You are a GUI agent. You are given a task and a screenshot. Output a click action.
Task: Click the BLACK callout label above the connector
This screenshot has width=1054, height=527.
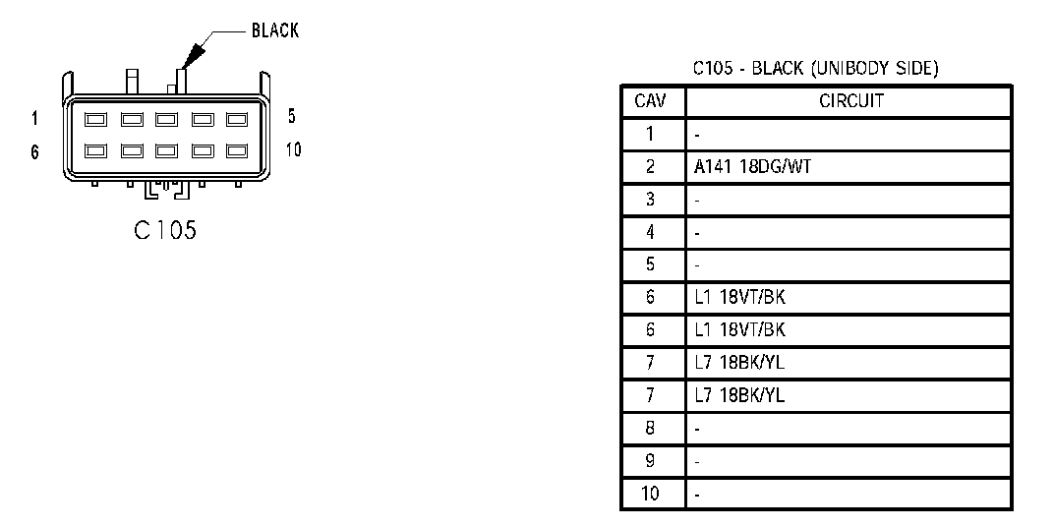pos(275,30)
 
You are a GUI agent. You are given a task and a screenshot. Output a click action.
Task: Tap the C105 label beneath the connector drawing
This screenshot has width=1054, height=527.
pos(165,230)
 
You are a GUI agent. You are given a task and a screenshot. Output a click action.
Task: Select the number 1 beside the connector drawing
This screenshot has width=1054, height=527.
pos(34,119)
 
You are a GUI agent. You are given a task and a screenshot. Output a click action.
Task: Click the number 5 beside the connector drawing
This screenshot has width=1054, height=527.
pos(291,116)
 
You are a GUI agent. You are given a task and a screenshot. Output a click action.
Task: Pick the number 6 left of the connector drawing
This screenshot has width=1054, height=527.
pos(34,152)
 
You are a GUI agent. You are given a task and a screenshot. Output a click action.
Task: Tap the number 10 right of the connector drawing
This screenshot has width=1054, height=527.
pos(293,149)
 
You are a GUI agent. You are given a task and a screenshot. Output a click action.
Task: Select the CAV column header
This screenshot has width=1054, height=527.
pos(651,101)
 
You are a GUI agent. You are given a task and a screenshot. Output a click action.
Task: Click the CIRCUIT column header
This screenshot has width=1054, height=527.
pos(851,101)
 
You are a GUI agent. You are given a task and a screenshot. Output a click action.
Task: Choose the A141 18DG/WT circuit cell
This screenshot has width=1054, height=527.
pos(753,167)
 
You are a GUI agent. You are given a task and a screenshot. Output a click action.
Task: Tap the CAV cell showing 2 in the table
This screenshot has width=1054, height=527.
pos(651,167)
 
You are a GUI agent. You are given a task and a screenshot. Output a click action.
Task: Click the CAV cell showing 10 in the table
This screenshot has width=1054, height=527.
pos(651,494)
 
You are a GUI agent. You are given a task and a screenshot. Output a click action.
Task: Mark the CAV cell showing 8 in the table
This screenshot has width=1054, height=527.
pos(651,429)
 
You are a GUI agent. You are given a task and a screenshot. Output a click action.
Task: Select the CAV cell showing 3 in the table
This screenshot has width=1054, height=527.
pos(651,200)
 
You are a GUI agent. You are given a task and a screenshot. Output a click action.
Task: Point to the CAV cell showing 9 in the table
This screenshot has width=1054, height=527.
pos(651,461)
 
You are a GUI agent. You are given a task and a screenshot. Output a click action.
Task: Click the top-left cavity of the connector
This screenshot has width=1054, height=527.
pos(95,120)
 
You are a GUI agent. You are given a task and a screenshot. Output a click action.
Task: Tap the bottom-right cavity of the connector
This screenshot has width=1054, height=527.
pos(236,151)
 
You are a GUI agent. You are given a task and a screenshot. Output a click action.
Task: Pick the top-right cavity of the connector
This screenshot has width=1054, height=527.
pos(236,120)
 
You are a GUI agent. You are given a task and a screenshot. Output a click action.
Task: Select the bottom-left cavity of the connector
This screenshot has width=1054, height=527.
pos(95,151)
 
